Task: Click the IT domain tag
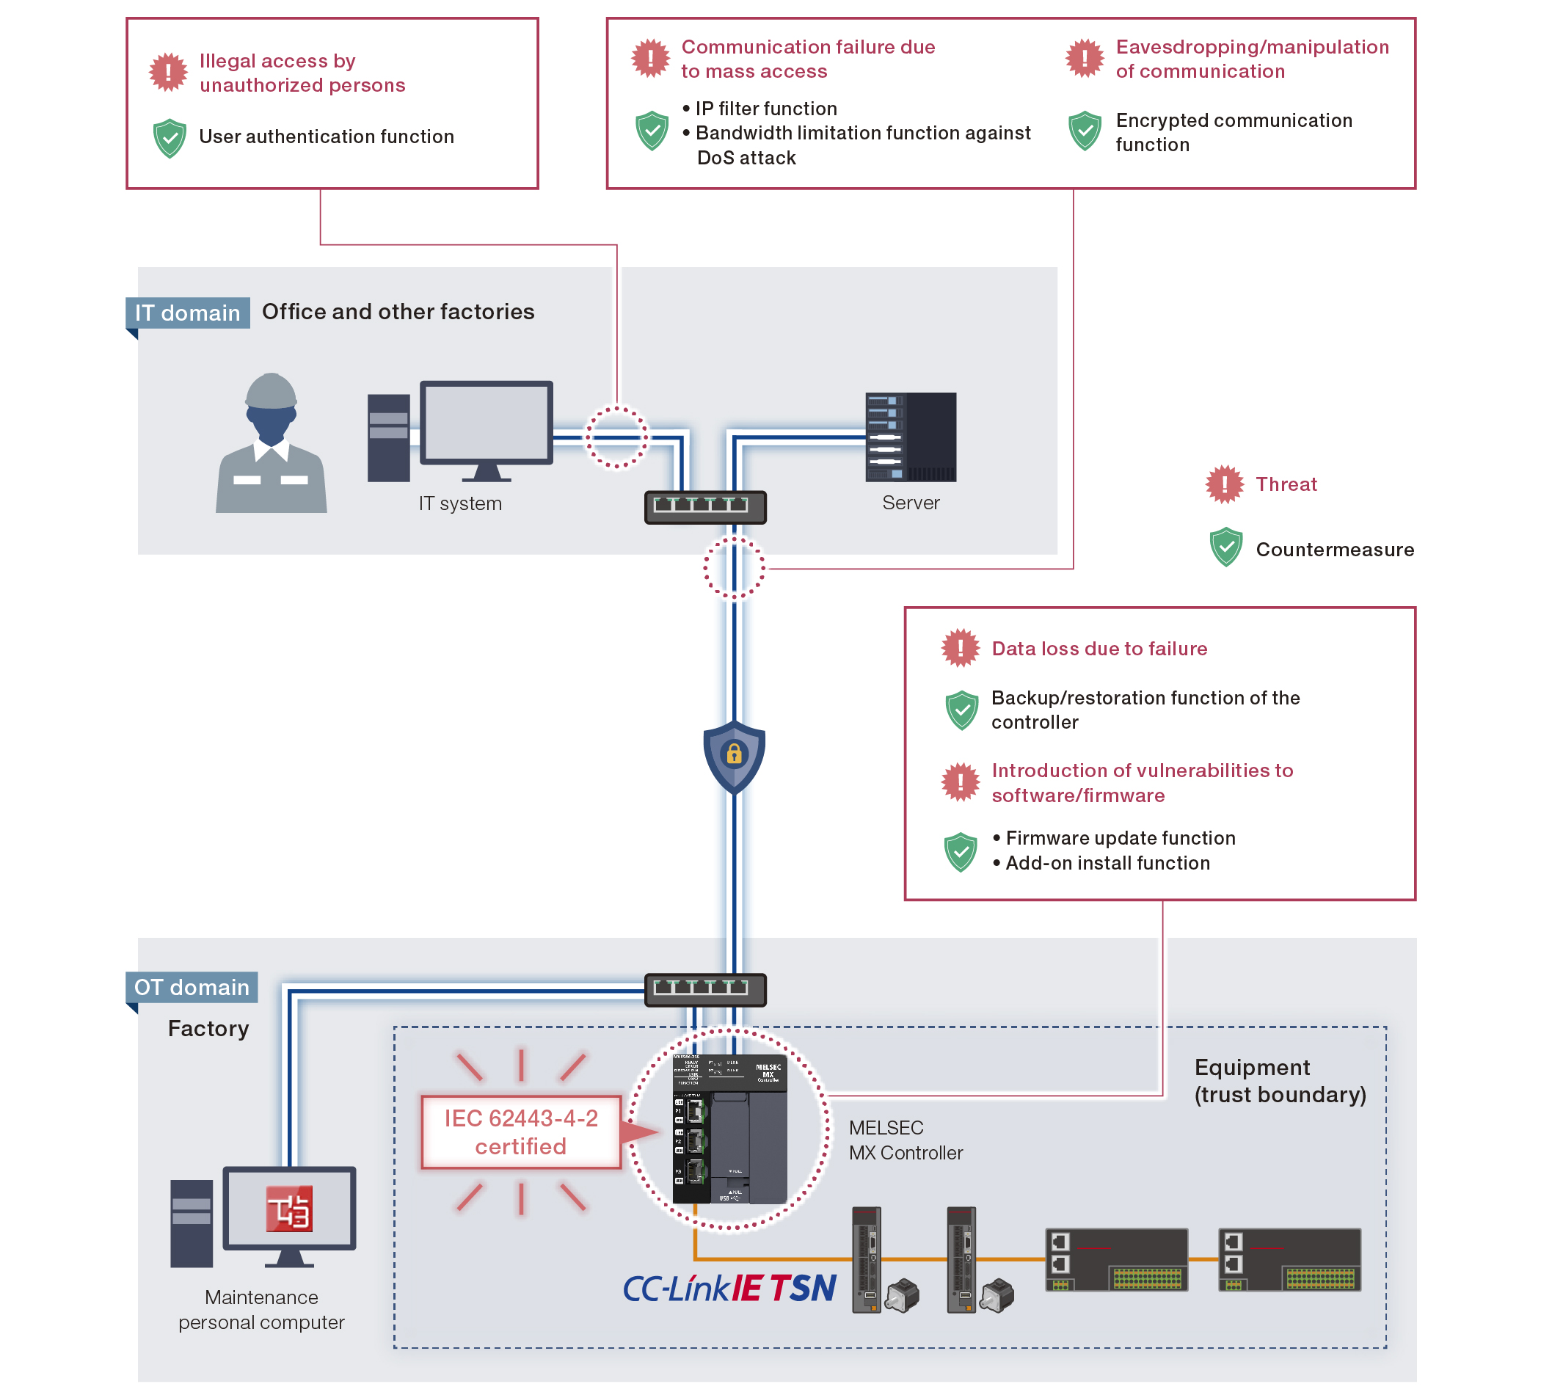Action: (187, 313)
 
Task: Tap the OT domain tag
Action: (191, 987)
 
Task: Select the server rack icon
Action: (910, 437)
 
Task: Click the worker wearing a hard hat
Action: (272, 443)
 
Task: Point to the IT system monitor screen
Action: (485, 423)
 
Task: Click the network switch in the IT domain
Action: (704, 507)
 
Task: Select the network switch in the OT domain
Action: (704, 989)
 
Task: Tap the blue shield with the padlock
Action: (734, 755)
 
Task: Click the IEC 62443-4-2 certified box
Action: (520, 1132)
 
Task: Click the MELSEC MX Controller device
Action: (729, 1129)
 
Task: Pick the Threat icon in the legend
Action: (1224, 484)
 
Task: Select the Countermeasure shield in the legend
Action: (1225, 547)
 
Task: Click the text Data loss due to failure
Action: (1099, 648)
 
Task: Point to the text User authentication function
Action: (327, 136)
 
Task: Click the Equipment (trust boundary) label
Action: (1279, 1081)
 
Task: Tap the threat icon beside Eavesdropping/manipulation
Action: (1084, 58)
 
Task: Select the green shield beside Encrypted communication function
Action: (1084, 131)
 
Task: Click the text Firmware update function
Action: (1120, 838)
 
